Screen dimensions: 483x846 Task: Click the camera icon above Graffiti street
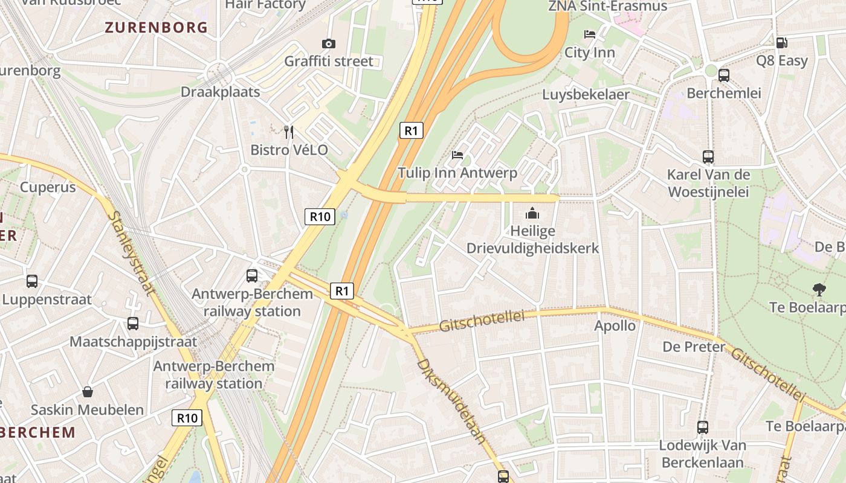tap(329, 43)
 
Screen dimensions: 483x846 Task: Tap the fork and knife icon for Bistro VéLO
tap(289, 132)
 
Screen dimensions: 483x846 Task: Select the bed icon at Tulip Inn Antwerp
tap(457, 155)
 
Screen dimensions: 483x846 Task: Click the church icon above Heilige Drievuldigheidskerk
tap(532, 213)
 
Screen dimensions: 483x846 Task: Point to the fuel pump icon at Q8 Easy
tap(781, 42)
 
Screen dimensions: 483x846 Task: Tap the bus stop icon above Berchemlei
tap(723, 75)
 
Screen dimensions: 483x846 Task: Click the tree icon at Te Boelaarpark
tap(819, 290)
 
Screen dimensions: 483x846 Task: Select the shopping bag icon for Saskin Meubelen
tap(88, 392)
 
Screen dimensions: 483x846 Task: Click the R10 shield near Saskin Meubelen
tap(187, 417)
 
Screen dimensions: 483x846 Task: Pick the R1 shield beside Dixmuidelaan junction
tap(343, 291)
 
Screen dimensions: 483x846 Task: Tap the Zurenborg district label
tap(156, 27)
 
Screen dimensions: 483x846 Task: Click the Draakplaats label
tap(221, 92)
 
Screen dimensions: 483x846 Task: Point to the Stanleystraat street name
tap(131, 254)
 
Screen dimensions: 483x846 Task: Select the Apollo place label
tap(615, 326)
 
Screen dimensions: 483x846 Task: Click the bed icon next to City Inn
tap(590, 34)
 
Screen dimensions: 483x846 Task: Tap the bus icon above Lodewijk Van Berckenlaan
tap(703, 427)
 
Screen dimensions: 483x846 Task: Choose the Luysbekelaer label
tap(586, 95)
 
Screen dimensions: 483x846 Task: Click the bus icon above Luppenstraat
tap(32, 281)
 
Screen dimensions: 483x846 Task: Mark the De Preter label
tap(694, 347)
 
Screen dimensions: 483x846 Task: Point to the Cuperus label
tap(48, 187)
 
